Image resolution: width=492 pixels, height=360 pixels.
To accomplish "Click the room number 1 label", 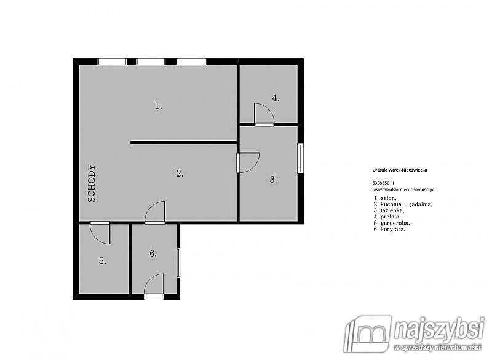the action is (x=159, y=106).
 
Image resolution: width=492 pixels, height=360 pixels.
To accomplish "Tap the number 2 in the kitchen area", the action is (x=180, y=174).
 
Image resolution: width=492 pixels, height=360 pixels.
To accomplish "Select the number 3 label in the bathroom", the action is (x=273, y=180).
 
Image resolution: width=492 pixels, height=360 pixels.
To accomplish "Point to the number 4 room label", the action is (x=276, y=98).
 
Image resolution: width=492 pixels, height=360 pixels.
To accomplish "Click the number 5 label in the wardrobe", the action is (x=103, y=260).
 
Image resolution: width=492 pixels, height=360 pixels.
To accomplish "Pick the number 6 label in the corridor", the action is (x=153, y=254).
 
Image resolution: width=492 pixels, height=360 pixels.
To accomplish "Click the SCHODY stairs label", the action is (x=91, y=183).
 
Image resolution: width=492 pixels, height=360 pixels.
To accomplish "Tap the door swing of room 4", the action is (x=264, y=114).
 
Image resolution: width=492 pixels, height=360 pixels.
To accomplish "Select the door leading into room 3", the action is (x=248, y=162).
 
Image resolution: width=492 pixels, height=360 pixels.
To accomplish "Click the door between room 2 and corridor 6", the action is (x=155, y=212).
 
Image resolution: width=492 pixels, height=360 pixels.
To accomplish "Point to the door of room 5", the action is (x=100, y=233).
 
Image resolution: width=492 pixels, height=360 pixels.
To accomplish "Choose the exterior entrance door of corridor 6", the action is (x=154, y=287).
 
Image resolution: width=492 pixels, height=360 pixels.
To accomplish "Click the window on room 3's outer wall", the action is (x=301, y=158).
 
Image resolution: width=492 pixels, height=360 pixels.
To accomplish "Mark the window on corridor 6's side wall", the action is (x=178, y=263).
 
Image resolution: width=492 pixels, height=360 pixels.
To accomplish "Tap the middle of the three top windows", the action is (x=151, y=62).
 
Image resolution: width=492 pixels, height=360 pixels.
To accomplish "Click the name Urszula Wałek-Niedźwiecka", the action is (x=399, y=170).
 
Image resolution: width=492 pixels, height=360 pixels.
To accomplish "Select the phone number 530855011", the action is (x=383, y=183).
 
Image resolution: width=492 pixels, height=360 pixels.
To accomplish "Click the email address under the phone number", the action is (x=403, y=190).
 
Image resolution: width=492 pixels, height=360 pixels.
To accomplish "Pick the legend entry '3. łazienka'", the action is (x=389, y=210).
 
